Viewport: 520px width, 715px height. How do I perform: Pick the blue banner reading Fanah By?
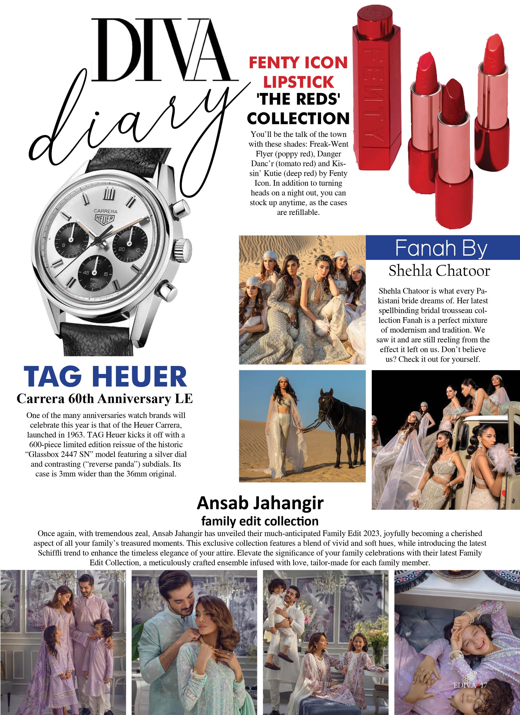[442, 248]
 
